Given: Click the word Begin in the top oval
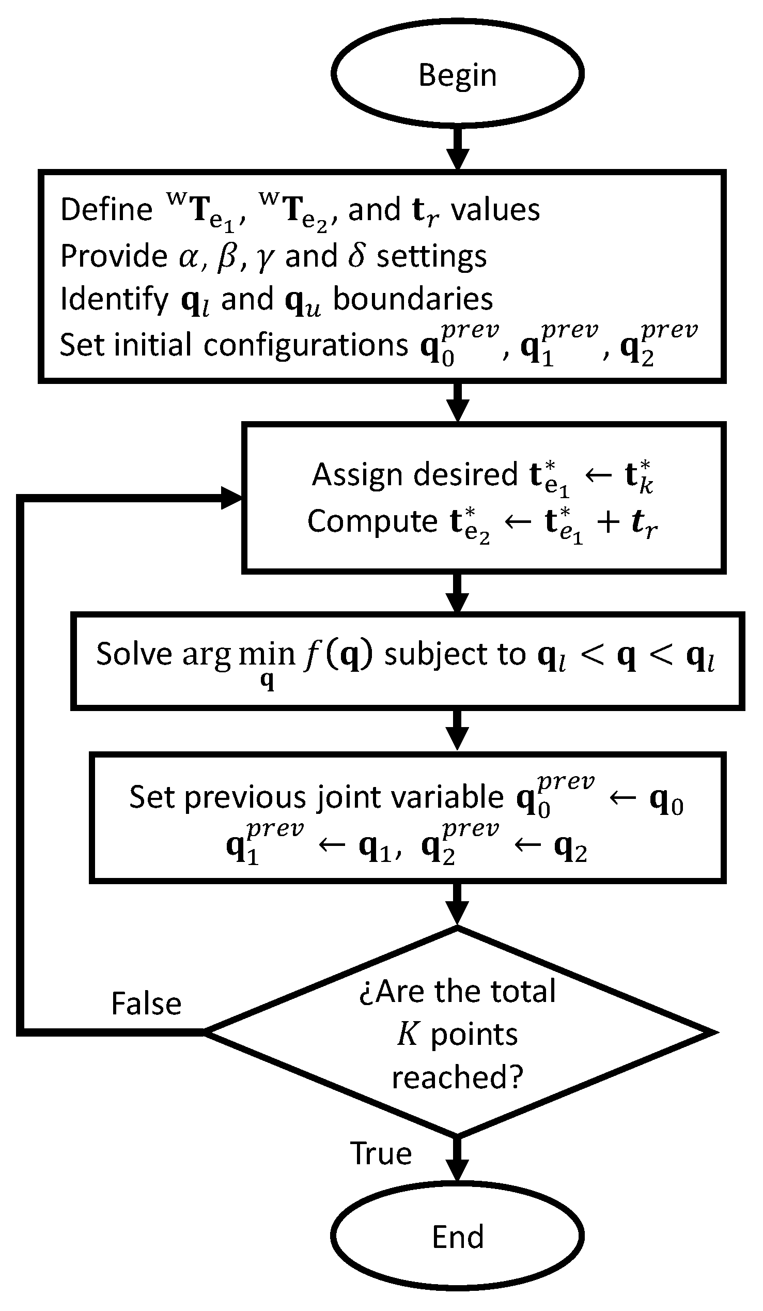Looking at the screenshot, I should pyautogui.click(x=457, y=75).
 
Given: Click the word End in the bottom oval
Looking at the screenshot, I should pyautogui.click(x=457, y=1237).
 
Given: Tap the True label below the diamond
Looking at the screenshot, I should pyautogui.click(x=381, y=1153).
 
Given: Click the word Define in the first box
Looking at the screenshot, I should pyautogui.click(x=106, y=210).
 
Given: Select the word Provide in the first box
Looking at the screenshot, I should pyautogui.click(x=114, y=256).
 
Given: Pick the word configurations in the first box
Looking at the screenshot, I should pyautogui.click(x=306, y=345).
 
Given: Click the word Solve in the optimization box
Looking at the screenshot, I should pyautogui.click(x=134, y=653).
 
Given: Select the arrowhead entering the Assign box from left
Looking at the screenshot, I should pyautogui.click(x=231, y=498).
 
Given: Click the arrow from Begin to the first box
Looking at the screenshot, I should pyautogui.click(x=457, y=148).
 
